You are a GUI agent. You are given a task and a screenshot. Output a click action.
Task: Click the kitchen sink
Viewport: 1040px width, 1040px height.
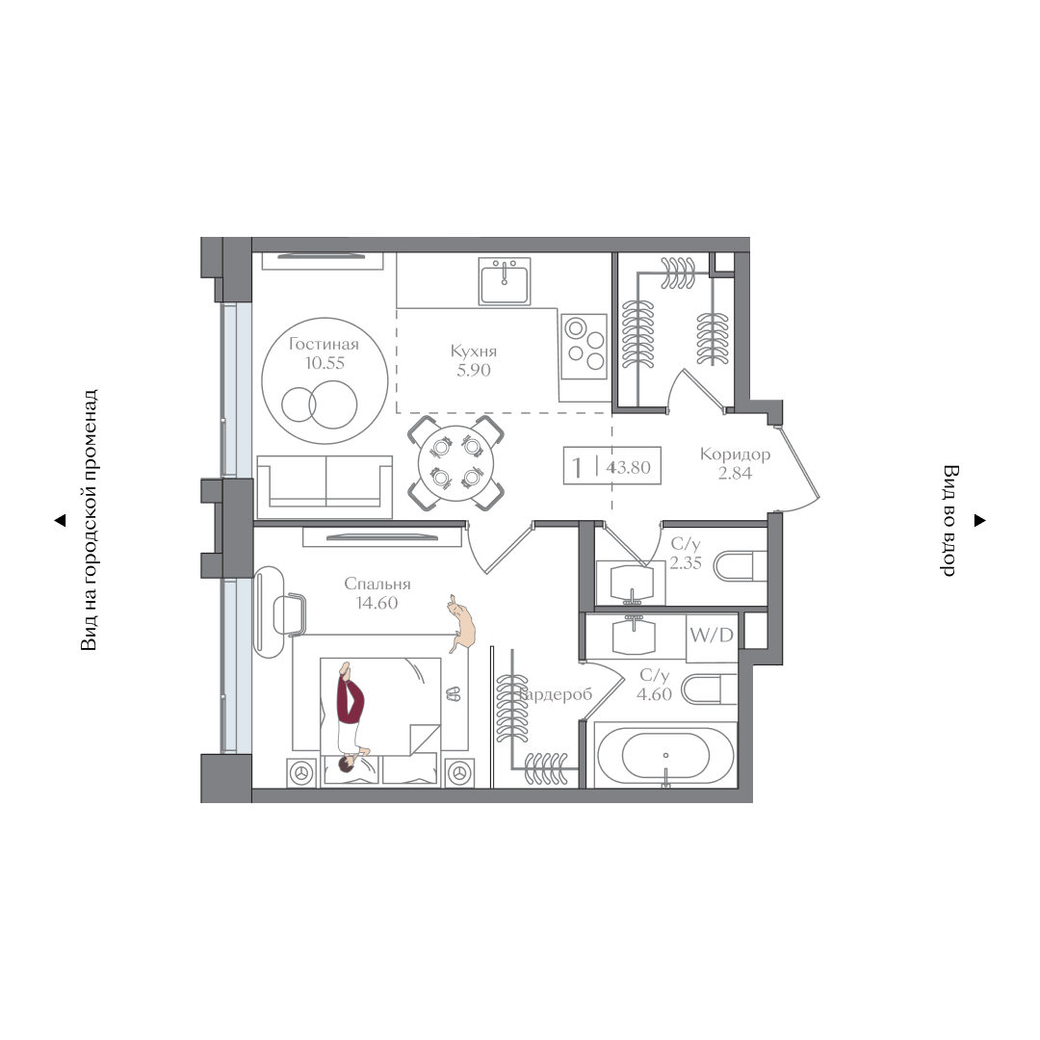click(x=504, y=281)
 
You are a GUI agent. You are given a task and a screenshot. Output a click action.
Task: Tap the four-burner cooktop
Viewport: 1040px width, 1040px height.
click(x=585, y=347)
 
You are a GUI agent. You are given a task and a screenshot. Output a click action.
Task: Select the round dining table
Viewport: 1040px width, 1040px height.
click(x=455, y=463)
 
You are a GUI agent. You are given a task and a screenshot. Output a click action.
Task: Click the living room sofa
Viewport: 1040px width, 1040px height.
click(x=325, y=486)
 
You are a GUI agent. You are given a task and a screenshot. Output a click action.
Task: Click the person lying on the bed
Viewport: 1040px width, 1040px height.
click(x=350, y=717)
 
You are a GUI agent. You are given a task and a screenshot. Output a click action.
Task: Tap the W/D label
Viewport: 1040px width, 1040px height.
click(x=711, y=636)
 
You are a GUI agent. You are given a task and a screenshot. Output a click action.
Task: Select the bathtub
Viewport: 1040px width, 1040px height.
click(x=665, y=756)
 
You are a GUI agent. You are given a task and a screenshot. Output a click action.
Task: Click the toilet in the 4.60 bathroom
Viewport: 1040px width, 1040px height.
click(x=709, y=689)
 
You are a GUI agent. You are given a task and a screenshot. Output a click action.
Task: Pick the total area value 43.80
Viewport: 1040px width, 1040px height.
click(x=628, y=467)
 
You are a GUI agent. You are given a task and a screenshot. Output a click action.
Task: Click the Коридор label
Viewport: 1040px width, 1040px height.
click(x=735, y=455)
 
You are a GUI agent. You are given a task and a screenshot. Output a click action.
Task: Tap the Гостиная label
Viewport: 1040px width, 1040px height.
click(x=324, y=344)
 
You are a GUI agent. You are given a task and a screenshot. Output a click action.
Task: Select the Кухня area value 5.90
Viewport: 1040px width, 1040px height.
click(x=474, y=370)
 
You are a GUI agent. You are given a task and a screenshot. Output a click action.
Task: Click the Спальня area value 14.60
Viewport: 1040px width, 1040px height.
click(x=377, y=603)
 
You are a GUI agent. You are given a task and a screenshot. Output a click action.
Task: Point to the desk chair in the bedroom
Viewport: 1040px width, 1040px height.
click(x=290, y=614)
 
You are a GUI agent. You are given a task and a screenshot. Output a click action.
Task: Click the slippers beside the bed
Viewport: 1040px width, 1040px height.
click(x=454, y=693)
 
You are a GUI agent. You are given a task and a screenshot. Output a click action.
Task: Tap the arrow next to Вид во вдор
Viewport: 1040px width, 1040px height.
click(x=979, y=521)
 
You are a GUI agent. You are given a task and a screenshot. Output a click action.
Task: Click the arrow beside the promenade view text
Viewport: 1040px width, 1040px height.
click(x=60, y=521)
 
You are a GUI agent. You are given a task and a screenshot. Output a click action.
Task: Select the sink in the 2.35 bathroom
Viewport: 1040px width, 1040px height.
click(x=631, y=583)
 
